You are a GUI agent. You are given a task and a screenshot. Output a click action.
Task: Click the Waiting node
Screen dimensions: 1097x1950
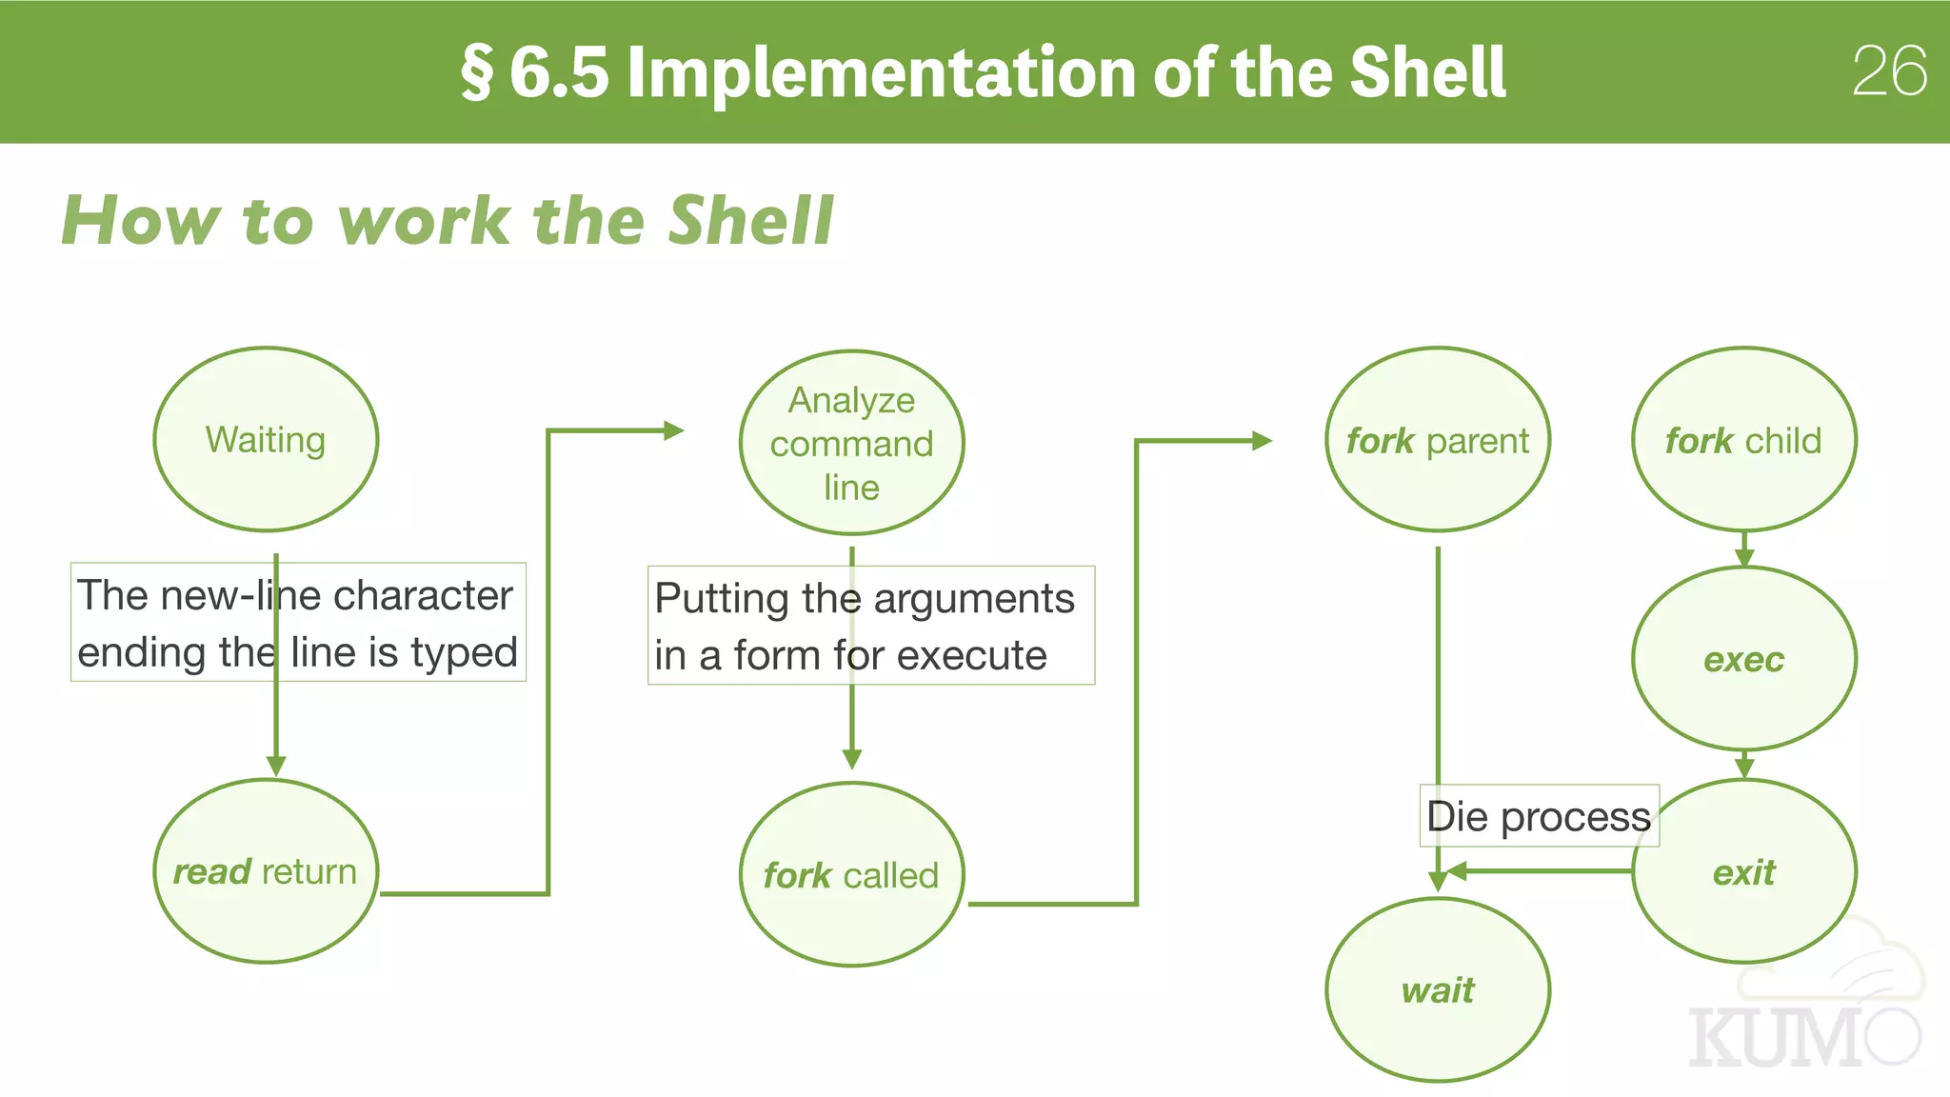pyautogui.click(x=266, y=439)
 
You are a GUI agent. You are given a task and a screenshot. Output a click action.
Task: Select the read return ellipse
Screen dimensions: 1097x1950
pyautogui.click(x=266, y=871)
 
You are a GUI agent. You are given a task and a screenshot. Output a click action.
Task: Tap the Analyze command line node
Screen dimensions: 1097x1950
pyautogui.click(x=851, y=443)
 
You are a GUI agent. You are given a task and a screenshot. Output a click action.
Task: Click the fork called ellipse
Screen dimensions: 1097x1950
pyautogui.click(x=851, y=874)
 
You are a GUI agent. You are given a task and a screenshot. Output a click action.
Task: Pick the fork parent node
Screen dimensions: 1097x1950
pyautogui.click(x=1437, y=440)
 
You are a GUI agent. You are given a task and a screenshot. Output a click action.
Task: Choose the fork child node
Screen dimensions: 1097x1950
pyautogui.click(x=1743, y=440)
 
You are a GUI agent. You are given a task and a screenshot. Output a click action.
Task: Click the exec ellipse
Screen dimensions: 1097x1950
pyautogui.click(x=1743, y=659)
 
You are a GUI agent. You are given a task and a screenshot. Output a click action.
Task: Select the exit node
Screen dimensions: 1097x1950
pyautogui.click(x=1743, y=871)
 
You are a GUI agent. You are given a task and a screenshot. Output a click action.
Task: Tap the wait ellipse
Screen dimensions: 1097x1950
pyautogui.click(x=1437, y=990)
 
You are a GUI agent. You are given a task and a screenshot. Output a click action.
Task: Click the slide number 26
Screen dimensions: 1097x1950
pyautogui.click(x=1889, y=71)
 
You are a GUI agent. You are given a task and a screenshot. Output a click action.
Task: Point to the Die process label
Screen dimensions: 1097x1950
pyautogui.click(x=1539, y=816)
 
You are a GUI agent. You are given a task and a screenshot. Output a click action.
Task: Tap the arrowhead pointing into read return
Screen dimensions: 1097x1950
pyautogui.click(x=276, y=766)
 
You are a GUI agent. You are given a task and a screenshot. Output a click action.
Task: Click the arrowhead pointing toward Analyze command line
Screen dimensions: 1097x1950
pyautogui.click(x=673, y=430)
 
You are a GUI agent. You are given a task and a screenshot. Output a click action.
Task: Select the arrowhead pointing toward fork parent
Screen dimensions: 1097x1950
pyautogui.click(x=1262, y=441)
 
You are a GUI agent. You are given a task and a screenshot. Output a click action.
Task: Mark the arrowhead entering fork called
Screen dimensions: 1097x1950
pyautogui.click(x=852, y=759)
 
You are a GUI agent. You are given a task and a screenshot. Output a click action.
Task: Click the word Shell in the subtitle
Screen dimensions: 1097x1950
pyautogui.click(x=750, y=221)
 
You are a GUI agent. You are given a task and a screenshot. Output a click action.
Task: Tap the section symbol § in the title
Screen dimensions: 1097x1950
pyautogui.click(x=477, y=72)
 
